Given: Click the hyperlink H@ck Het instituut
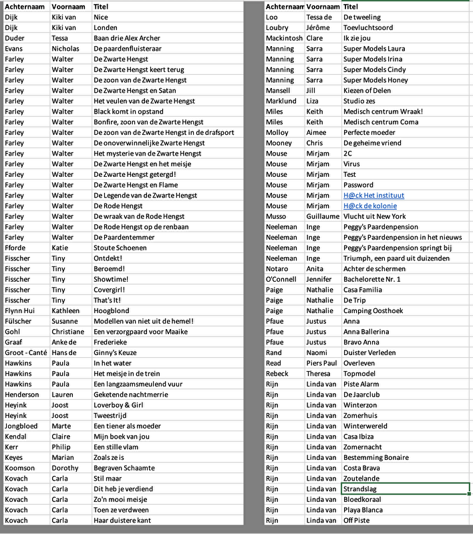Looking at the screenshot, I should coord(373,196).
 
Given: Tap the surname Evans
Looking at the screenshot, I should coord(14,49).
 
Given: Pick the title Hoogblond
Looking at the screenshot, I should coord(112,310).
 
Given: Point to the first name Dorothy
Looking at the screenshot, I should coord(65,468).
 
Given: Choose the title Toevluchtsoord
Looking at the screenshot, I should coord(368,28).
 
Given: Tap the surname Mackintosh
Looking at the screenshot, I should coord(284,38).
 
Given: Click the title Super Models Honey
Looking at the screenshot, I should coord(375,80).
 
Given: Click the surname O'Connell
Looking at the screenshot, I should coord(282,279).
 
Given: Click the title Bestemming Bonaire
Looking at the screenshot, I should coord(375,457).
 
